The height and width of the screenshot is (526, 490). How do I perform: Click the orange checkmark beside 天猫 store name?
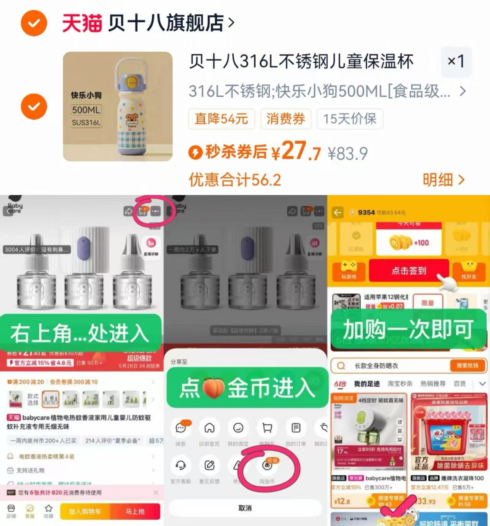click(x=34, y=23)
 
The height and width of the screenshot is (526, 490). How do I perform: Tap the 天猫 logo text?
click(x=82, y=23)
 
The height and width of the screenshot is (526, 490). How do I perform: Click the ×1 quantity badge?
click(x=456, y=61)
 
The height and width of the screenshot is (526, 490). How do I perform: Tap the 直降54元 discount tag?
click(x=221, y=119)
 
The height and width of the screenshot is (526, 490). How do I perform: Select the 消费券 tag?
click(x=286, y=119)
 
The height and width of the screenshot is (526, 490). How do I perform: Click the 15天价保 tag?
click(x=349, y=119)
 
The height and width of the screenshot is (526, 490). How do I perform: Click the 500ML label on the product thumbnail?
click(x=86, y=110)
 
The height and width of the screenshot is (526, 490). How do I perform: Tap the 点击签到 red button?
click(x=408, y=270)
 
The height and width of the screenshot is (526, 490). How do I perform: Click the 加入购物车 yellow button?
click(x=85, y=511)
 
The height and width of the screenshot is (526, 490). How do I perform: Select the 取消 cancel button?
click(x=245, y=508)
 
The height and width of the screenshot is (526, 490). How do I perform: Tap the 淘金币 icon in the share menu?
click(x=267, y=466)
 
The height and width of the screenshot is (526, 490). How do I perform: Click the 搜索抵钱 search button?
click(x=467, y=365)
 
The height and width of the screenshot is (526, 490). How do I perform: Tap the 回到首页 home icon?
click(x=209, y=428)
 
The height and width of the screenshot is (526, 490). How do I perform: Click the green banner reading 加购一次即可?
click(x=408, y=329)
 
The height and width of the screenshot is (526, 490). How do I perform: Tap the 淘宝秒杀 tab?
click(x=400, y=383)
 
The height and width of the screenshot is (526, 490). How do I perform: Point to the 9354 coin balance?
click(x=366, y=212)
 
